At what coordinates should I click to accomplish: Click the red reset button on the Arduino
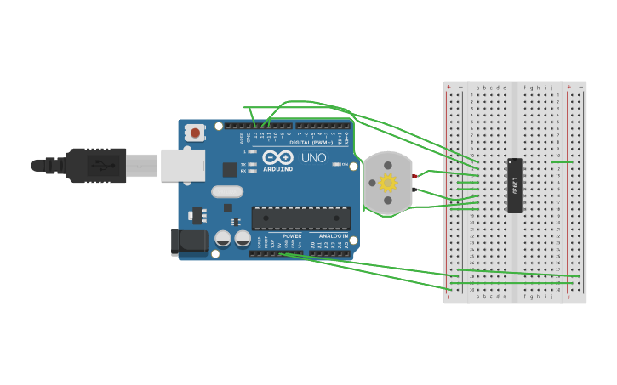[195, 133]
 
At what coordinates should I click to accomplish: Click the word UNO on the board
[313, 157]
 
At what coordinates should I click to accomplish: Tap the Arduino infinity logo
[278, 157]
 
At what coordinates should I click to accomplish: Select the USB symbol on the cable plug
[100, 165]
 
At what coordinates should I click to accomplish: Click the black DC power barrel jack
[188, 241]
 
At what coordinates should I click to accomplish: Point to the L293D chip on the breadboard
[514, 185]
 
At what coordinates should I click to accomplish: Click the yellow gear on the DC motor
[388, 183]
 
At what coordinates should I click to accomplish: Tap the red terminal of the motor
[414, 177]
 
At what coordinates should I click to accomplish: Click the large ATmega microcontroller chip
[300, 218]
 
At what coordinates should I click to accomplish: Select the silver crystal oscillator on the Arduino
[227, 192]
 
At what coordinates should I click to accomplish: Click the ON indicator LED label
[344, 164]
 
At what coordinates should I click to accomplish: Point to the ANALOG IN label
[333, 235]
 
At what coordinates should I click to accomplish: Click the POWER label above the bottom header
[292, 235]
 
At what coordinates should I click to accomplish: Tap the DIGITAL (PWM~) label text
[311, 142]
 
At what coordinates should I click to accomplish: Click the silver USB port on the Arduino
[182, 165]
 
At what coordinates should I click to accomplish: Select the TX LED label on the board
[243, 164]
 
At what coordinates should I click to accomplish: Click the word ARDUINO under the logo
[277, 168]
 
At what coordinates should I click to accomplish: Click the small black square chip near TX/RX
[230, 169]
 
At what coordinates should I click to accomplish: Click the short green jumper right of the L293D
[562, 161]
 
